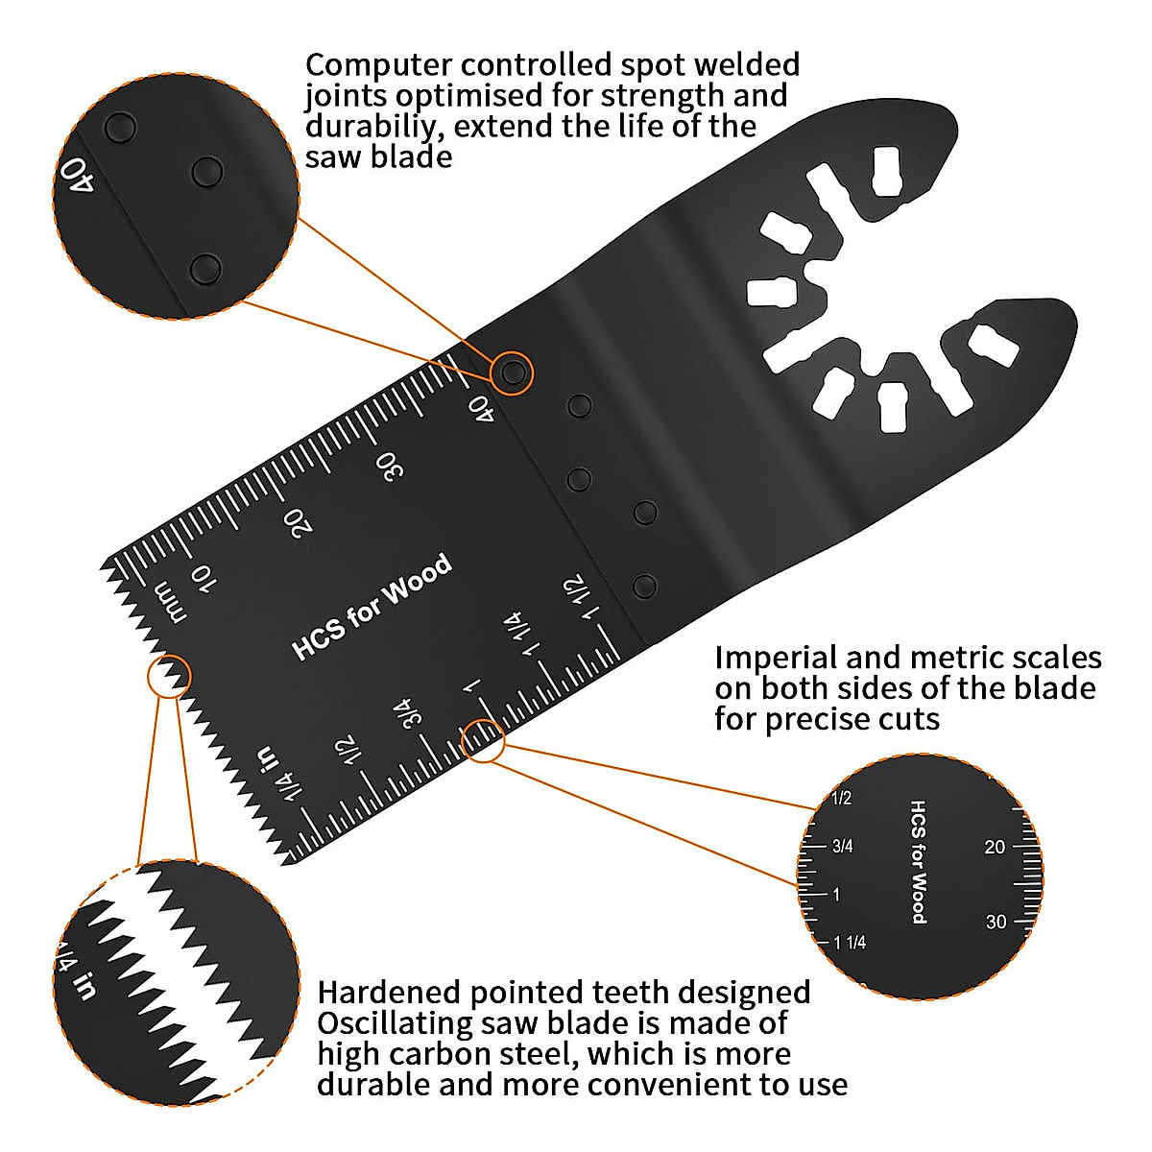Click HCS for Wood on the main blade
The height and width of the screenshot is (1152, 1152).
(372, 607)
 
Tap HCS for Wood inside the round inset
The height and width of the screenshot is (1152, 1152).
(918, 862)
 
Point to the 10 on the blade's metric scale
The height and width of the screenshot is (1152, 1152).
(203, 576)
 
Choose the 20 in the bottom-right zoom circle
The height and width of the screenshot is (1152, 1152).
(995, 847)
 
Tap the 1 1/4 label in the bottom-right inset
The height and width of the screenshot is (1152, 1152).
(850, 943)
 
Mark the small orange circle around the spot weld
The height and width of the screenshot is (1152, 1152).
(513, 372)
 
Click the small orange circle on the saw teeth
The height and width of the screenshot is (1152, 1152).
(169, 676)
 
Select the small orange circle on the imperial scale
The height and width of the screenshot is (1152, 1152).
(484, 741)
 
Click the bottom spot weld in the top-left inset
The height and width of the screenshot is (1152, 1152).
(205, 268)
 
